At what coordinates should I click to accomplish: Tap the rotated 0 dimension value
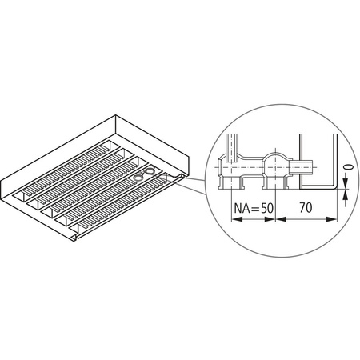pos(346,169)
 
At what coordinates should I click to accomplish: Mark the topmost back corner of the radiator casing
pos(118,118)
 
